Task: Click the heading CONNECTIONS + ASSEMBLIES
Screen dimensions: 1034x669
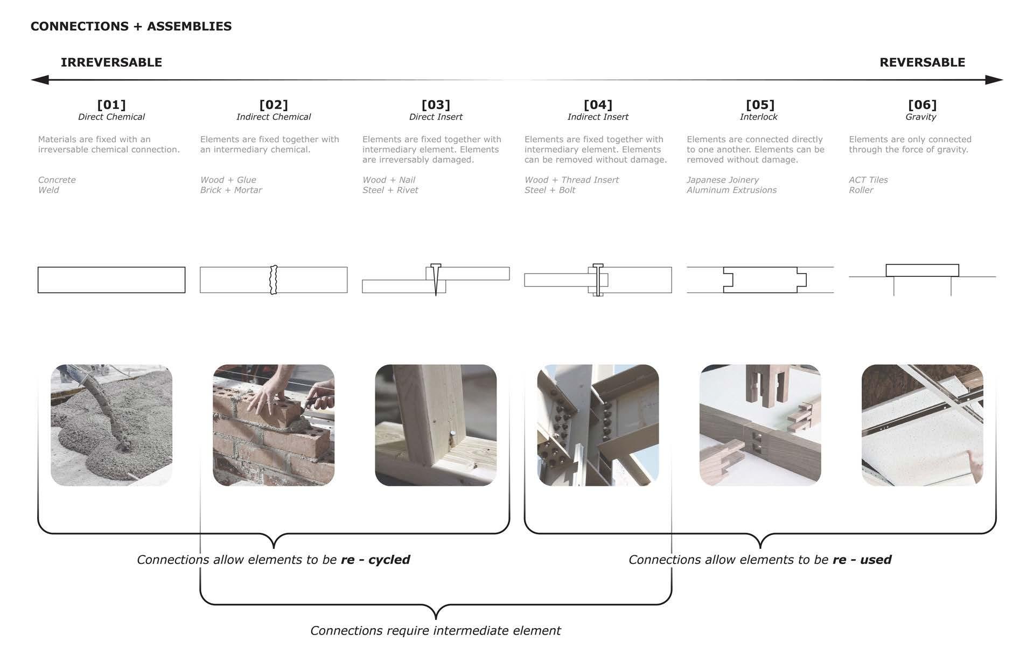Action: [x=131, y=26]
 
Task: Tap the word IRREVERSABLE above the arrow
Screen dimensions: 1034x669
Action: [x=111, y=62]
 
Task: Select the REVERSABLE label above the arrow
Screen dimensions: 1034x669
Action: [x=922, y=62]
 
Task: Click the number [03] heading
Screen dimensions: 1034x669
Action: [x=435, y=104]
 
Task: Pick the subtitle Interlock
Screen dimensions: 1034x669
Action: [x=758, y=117]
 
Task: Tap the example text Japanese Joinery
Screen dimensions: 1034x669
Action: [x=722, y=180]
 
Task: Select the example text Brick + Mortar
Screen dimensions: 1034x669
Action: [x=230, y=190]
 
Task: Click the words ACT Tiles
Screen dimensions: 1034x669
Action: [x=868, y=180]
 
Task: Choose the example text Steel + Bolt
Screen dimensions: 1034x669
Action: [x=549, y=190]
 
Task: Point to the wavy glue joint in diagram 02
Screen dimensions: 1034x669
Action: [x=274, y=280]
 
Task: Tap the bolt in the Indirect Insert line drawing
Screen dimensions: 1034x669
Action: [x=598, y=280]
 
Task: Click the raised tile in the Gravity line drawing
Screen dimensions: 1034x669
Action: [x=922, y=270]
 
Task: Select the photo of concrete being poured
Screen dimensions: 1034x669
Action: [x=111, y=425]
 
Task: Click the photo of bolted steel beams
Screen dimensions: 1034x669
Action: [x=598, y=425]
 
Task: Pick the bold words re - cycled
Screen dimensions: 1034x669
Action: [x=375, y=560]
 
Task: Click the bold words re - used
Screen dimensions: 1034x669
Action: [x=862, y=560]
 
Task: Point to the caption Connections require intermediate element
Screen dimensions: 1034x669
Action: [x=435, y=631]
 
